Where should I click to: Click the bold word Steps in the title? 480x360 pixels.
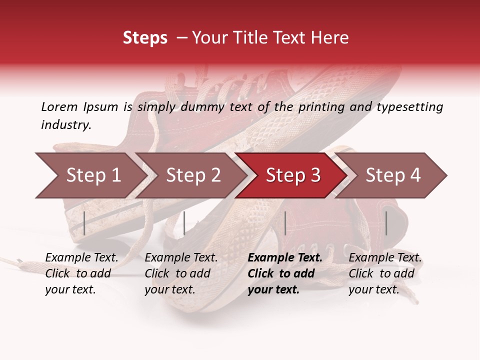tap(145, 38)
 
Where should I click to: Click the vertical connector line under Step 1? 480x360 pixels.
tap(84, 223)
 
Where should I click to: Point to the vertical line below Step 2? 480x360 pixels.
tap(184, 223)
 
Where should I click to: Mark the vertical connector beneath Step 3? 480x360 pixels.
tap(285, 223)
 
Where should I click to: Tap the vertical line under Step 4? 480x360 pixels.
tap(386, 223)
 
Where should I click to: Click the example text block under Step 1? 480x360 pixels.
tap(81, 273)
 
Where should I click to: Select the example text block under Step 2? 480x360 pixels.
tap(181, 273)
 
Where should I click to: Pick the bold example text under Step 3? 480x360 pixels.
tap(285, 273)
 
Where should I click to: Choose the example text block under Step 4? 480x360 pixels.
tap(385, 273)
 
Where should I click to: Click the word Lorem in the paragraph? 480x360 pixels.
tap(59, 106)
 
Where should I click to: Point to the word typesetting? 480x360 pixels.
tap(409, 107)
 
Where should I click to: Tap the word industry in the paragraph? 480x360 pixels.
tap(66, 125)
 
